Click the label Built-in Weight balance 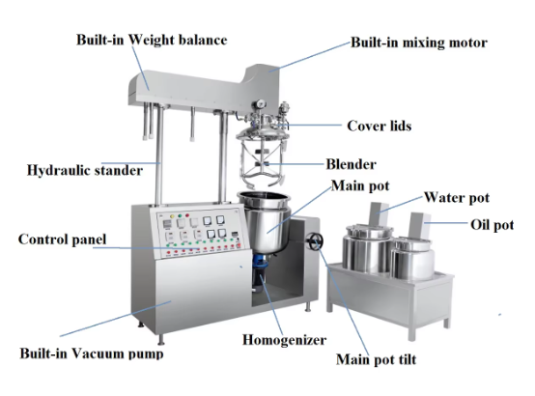click(152, 40)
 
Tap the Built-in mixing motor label click(419, 42)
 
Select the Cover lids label click(380, 126)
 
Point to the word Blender click(352, 164)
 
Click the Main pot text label click(360, 186)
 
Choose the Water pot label click(457, 198)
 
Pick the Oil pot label click(492, 225)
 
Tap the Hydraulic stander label click(85, 170)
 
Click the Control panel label click(62, 240)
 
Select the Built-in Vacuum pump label click(92, 354)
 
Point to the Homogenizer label click(284, 340)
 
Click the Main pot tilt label click(376, 360)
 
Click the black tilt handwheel click(314, 241)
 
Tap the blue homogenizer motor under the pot click(261, 269)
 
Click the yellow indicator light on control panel click(172, 216)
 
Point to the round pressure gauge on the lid click(261, 103)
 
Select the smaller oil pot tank click(412, 259)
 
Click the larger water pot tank click(368, 248)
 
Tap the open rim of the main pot click(264, 197)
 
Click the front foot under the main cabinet click(160, 339)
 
